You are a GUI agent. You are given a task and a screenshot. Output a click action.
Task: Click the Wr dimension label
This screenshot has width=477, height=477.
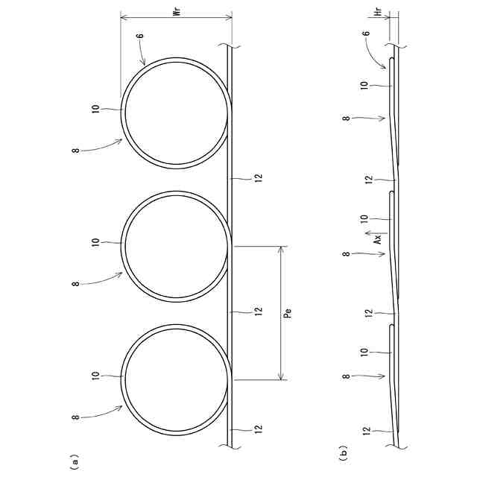[177, 12]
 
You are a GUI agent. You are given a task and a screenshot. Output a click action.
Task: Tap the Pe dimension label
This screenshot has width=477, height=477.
[288, 313]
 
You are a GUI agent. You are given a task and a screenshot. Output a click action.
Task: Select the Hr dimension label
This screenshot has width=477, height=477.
[379, 12]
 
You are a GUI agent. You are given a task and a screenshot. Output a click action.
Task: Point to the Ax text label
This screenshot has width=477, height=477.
[378, 239]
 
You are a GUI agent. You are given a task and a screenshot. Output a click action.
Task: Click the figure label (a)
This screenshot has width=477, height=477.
[75, 462]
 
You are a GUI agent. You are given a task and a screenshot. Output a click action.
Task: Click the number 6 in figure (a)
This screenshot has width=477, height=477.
[140, 36]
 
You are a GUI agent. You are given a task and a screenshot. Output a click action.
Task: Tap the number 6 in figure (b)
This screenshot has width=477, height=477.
[367, 33]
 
